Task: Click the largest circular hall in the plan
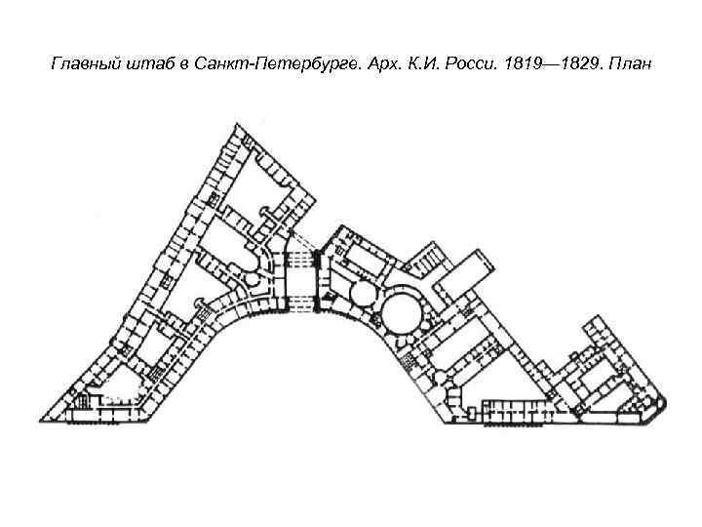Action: pyautogui.click(x=401, y=311)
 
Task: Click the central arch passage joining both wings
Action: pyautogui.click(x=298, y=278)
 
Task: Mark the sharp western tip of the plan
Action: pyautogui.click(x=40, y=411)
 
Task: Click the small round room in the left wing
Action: pyautogui.click(x=253, y=280)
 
